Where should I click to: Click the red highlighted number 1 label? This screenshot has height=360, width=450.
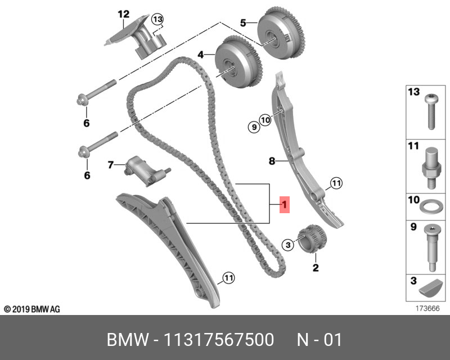click(285, 205)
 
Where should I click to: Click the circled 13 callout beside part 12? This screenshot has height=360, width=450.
click(157, 20)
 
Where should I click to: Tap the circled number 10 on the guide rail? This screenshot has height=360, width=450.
click(265, 119)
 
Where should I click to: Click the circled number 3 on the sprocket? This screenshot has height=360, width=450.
click(287, 244)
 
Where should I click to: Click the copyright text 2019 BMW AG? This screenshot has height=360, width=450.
click(32, 309)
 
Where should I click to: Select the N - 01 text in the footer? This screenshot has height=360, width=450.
click(319, 340)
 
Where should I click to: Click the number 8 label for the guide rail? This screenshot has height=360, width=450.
click(271, 161)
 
